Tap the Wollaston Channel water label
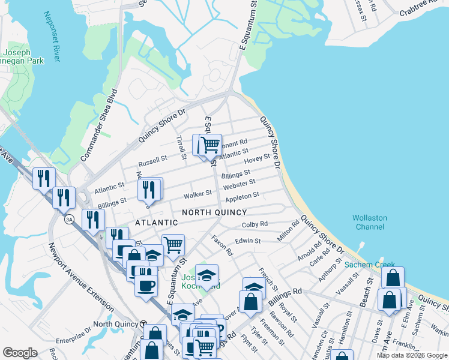pos(369,223)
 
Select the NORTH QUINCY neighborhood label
pos(214,212)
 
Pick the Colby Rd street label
pos(255,224)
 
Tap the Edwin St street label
pos(248,241)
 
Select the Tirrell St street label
pos(180,147)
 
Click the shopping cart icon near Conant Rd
pos(210,144)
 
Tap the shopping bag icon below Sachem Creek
pos(393,277)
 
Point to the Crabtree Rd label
pos(422,8)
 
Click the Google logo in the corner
pos(20,352)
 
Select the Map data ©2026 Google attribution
pos(412,355)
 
